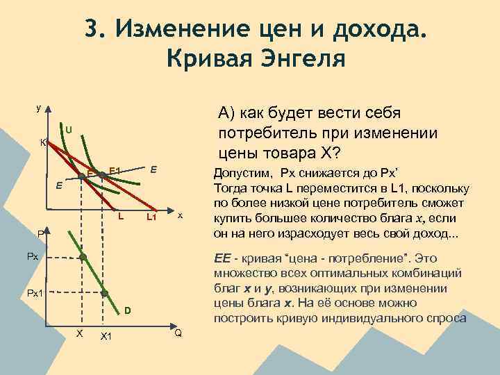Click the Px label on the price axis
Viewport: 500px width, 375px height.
click(x=32, y=257)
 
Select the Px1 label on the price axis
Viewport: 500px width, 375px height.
click(x=35, y=292)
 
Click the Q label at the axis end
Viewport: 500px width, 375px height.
click(x=178, y=333)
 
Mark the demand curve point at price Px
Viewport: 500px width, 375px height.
click(x=83, y=258)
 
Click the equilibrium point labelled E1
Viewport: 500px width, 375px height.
click(x=101, y=176)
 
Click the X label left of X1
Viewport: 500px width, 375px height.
click(x=80, y=333)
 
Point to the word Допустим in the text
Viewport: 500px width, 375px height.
click(x=242, y=173)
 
